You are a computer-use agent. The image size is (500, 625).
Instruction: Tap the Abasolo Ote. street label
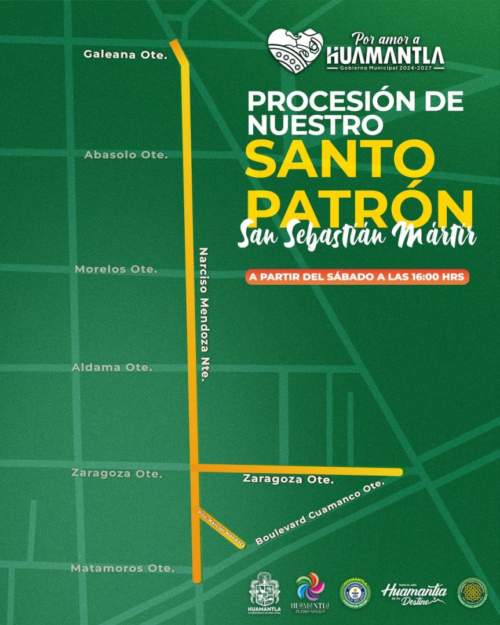(x=126, y=155)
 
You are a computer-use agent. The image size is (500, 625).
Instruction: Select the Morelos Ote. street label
(x=116, y=270)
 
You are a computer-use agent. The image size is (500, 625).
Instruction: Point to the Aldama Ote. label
(x=112, y=367)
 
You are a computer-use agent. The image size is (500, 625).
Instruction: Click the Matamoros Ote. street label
(x=122, y=568)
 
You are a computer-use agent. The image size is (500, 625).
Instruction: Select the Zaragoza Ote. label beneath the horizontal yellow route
(x=289, y=479)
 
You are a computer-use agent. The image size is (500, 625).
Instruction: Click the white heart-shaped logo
(x=295, y=52)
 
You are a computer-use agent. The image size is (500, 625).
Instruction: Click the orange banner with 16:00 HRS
(x=356, y=277)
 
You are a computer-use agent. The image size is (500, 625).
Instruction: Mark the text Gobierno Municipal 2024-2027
(x=385, y=68)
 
